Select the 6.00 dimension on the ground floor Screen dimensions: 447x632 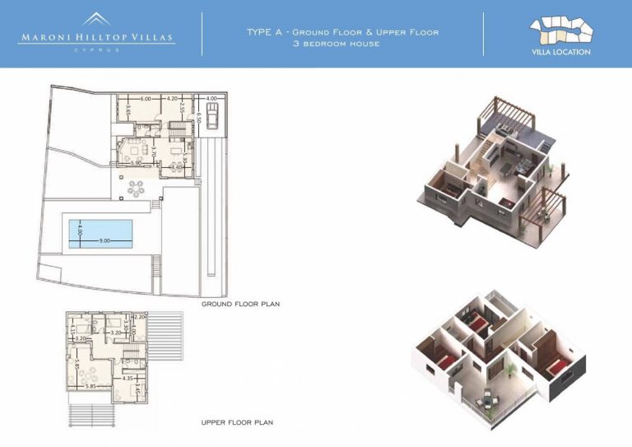(145, 99)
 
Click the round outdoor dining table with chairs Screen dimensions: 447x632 (136, 188)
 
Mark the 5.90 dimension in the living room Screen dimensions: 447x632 (136, 162)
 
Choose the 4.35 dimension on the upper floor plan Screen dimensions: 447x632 (128, 378)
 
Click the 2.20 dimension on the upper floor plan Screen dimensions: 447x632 (139, 317)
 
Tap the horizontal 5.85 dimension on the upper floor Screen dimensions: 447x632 (93, 386)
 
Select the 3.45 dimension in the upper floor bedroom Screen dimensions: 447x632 (137, 383)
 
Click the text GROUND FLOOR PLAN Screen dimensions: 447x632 (241, 304)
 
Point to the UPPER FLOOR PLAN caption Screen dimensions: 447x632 (237, 422)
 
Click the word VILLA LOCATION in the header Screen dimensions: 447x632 (561, 52)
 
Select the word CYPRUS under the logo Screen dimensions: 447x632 (97, 49)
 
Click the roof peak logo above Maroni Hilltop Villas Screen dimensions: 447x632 (97, 19)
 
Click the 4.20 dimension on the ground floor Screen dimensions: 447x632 (173, 99)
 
